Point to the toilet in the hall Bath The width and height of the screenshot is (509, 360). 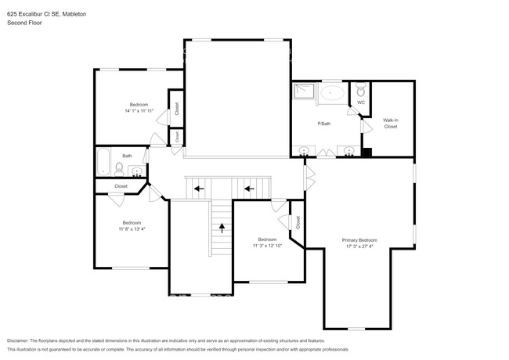click(118, 167)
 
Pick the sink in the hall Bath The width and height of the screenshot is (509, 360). click(137, 171)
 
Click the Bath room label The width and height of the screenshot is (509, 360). click(126, 155)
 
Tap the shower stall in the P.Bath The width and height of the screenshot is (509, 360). click(303, 92)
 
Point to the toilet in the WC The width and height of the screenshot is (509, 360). click(361, 88)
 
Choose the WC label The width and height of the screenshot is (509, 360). click(361, 103)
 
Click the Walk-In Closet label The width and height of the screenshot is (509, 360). click(390, 123)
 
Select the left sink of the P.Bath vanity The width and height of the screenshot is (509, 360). click(302, 150)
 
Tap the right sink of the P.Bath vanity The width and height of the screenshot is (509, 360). click(348, 150)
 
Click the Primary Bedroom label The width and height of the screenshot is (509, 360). click(359, 239)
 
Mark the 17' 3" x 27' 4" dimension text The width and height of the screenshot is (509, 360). click(359, 247)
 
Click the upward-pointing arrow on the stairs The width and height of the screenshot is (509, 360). click(222, 229)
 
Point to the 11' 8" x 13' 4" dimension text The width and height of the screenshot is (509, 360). click(132, 229)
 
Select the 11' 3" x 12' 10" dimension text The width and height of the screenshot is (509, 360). click(267, 246)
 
